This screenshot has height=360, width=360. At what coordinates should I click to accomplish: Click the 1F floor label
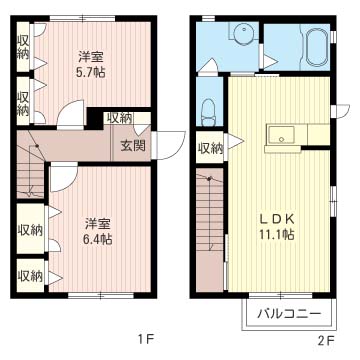[144, 340]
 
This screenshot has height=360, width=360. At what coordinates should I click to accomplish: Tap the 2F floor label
[325, 340]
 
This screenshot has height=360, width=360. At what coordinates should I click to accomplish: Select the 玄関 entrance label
[133, 145]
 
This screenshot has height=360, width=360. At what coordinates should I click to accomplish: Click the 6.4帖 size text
[98, 239]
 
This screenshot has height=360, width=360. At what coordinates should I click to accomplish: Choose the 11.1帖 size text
[276, 234]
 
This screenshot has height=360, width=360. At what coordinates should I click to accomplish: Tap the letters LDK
[276, 217]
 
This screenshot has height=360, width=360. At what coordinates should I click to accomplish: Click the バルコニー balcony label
[289, 314]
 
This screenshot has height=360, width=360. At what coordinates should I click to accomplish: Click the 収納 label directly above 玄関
[119, 119]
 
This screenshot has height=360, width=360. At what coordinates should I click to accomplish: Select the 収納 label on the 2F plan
[210, 149]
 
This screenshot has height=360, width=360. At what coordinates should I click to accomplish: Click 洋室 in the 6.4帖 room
[98, 222]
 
